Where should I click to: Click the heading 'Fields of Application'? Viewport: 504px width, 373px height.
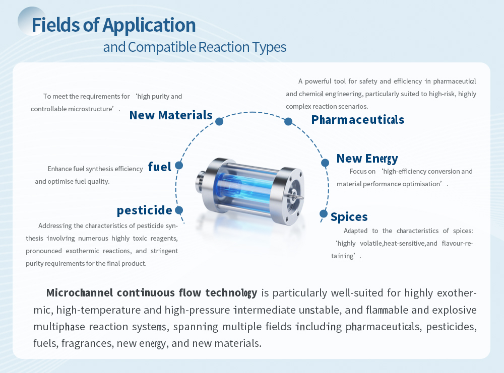[113, 25]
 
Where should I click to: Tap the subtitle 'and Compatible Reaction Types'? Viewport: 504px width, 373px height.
[195, 47]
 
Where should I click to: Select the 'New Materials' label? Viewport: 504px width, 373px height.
[171, 115]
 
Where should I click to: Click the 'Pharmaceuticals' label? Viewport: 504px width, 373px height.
[357, 120]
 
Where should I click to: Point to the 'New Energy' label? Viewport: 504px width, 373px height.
[367, 159]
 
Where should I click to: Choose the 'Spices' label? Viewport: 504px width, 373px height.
[349, 217]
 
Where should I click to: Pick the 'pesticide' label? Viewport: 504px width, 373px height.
[144, 210]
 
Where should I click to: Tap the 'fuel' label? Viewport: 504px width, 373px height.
[159, 167]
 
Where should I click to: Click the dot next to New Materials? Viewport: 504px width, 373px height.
[219, 121]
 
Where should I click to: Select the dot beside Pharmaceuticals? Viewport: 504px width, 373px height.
[288, 121]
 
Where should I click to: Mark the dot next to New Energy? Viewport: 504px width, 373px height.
[325, 163]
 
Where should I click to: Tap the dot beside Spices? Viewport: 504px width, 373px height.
[324, 214]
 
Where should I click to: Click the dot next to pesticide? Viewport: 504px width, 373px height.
[179, 210]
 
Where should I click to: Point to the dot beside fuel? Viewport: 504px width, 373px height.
[179, 165]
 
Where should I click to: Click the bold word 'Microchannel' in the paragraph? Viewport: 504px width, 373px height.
[80, 293]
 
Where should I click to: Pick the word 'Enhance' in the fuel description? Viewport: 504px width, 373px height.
[59, 169]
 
